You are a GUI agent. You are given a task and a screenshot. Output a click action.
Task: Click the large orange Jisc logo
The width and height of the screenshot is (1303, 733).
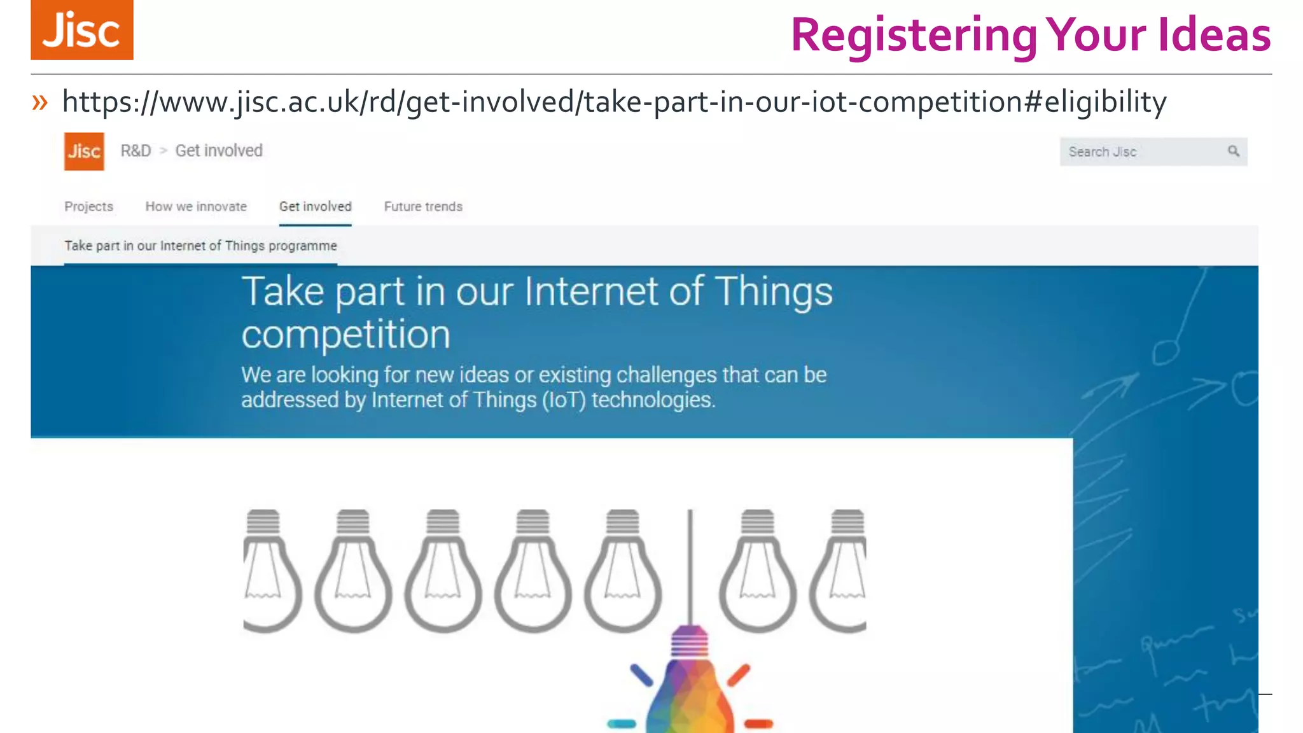(x=82, y=30)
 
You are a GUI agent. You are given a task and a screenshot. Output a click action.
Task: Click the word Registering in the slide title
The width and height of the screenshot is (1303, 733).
(x=914, y=36)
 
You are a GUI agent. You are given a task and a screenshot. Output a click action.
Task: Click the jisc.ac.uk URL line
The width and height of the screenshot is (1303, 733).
(x=614, y=102)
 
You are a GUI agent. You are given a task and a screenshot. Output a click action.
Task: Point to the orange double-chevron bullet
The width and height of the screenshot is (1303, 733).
(x=40, y=102)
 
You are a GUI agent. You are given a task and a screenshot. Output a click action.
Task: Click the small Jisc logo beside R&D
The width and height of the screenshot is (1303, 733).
(x=84, y=151)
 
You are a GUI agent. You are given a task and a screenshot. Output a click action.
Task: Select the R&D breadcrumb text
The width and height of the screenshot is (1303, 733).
(x=136, y=151)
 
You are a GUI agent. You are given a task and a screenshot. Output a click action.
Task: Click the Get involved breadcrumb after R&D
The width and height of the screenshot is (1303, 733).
(x=219, y=151)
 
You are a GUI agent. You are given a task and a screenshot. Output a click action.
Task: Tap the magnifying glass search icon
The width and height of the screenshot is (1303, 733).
(x=1233, y=151)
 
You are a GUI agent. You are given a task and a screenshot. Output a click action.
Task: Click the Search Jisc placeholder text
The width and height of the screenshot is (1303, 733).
(x=1102, y=152)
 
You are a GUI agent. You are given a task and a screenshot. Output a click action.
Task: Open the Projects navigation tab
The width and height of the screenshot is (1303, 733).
(x=88, y=207)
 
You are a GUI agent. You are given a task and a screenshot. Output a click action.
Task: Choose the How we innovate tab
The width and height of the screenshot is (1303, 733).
(x=196, y=207)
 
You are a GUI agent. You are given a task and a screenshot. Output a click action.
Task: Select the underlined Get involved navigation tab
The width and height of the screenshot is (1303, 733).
(x=315, y=207)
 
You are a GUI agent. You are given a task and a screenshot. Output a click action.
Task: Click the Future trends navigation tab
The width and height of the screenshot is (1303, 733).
(x=423, y=207)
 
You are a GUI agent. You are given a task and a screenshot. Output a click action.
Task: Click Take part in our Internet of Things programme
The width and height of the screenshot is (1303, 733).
(x=200, y=246)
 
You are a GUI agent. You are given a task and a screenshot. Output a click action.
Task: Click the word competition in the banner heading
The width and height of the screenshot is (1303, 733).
(x=345, y=335)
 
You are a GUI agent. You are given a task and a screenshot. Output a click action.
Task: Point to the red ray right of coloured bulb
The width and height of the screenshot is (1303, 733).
(x=758, y=723)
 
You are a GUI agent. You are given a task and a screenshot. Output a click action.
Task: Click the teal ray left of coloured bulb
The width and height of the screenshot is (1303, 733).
(x=622, y=723)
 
